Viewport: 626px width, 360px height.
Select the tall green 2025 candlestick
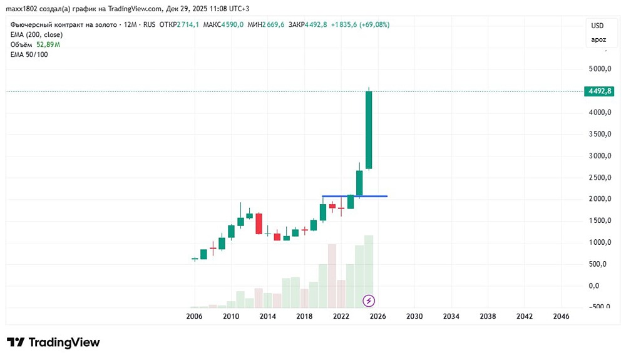pyautogui.click(x=369, y=130)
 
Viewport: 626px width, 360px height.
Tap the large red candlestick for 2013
pyautogui.click(x=259, y=224)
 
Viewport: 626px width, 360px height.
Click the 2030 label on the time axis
pyautogui.click(x=414, y=317)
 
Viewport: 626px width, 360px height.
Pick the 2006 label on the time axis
pyautogui.click(x=194, y=317)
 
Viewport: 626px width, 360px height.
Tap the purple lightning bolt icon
pyautogui.click(x=369, y=301)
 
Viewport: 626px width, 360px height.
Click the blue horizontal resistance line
pyautogui.click(x=376, y=197)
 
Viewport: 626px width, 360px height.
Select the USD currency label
pyautogui.click(x=598, y=26)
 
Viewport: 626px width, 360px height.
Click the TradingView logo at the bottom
pyautogui.click(x=53, y=342)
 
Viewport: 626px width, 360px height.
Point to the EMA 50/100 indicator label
pyautogui.click(x=29, y=54)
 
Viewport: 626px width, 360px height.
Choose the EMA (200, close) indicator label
pyautogui.click(x=36, y=34)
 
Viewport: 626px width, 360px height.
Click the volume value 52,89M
pyautogui.click(x=48, y=44)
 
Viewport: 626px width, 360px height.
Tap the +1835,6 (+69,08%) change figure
pyautogui.click(x=359, y=24)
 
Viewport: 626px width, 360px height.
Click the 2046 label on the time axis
pyautogui.click(x=561, y=317)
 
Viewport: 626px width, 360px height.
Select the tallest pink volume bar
pyautogui.click(x=332, y=275)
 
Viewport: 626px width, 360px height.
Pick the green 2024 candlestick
pyautogui.click(x=359, y=183)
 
